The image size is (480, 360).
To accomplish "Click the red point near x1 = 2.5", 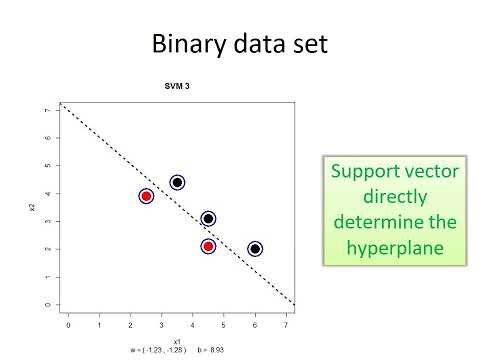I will (x=146, y=196).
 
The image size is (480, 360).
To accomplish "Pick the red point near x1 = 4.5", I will (x=208, y=246).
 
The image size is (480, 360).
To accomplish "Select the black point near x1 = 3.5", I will (x=177, y=182).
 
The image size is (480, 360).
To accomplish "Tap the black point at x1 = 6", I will (x=255, y=249).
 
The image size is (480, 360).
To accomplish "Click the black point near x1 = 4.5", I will (x=208, y=218).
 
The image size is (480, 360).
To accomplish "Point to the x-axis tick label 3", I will (x=161, y=325).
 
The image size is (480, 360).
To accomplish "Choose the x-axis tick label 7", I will (x=286, y=325).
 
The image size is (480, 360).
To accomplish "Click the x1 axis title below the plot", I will (x=178, y=341).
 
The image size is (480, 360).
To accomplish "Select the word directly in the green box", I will (x=397, y=196).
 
